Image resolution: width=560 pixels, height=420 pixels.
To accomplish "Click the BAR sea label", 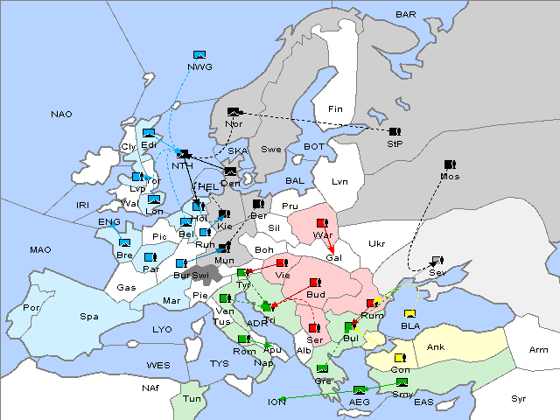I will coord(405,15).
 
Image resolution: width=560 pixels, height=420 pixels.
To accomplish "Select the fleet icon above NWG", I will coord(199,55).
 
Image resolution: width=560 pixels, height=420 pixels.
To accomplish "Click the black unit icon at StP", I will coord(395,131).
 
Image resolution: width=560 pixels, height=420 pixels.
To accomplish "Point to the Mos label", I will coord(451,177).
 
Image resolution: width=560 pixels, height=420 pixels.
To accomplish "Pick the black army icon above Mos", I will coord(450,164).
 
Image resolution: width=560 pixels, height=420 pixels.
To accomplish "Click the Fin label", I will coord(334,109).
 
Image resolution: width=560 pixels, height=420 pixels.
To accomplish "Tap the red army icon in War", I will coord(322,223).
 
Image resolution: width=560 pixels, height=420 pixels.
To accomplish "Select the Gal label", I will coord(333,258).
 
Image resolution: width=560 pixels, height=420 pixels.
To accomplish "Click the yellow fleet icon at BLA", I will coord(409,314).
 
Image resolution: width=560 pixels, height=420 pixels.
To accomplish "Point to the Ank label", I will coord(435,347).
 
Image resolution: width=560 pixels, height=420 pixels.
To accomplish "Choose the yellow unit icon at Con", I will coord(400,358).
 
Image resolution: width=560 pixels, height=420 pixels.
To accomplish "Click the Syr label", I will coord(519,398).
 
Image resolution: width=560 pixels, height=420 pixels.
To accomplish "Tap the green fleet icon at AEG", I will coord(359,389).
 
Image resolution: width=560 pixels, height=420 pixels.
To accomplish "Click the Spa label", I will coord(88,316).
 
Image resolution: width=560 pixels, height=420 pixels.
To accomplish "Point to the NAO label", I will coord(61,115).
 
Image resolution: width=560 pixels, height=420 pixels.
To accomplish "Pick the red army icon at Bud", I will coord(314,283).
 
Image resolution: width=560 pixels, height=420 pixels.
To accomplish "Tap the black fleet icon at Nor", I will coord(233,112).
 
